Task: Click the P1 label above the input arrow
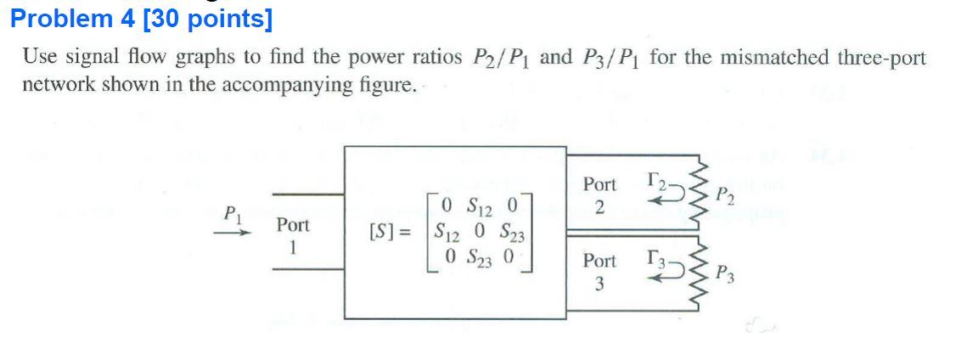tap(229, 212)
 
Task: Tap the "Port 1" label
tap(292, 236)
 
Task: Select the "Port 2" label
tap(599, 195)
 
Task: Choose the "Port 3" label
tap(599, 273)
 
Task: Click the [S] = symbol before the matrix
tap(390, 231)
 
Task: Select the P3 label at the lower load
tap(724, 273)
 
